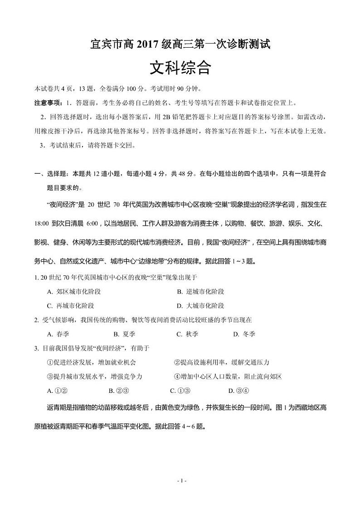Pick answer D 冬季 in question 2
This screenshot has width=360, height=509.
click(244, 334)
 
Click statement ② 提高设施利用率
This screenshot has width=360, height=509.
click(222, 362)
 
